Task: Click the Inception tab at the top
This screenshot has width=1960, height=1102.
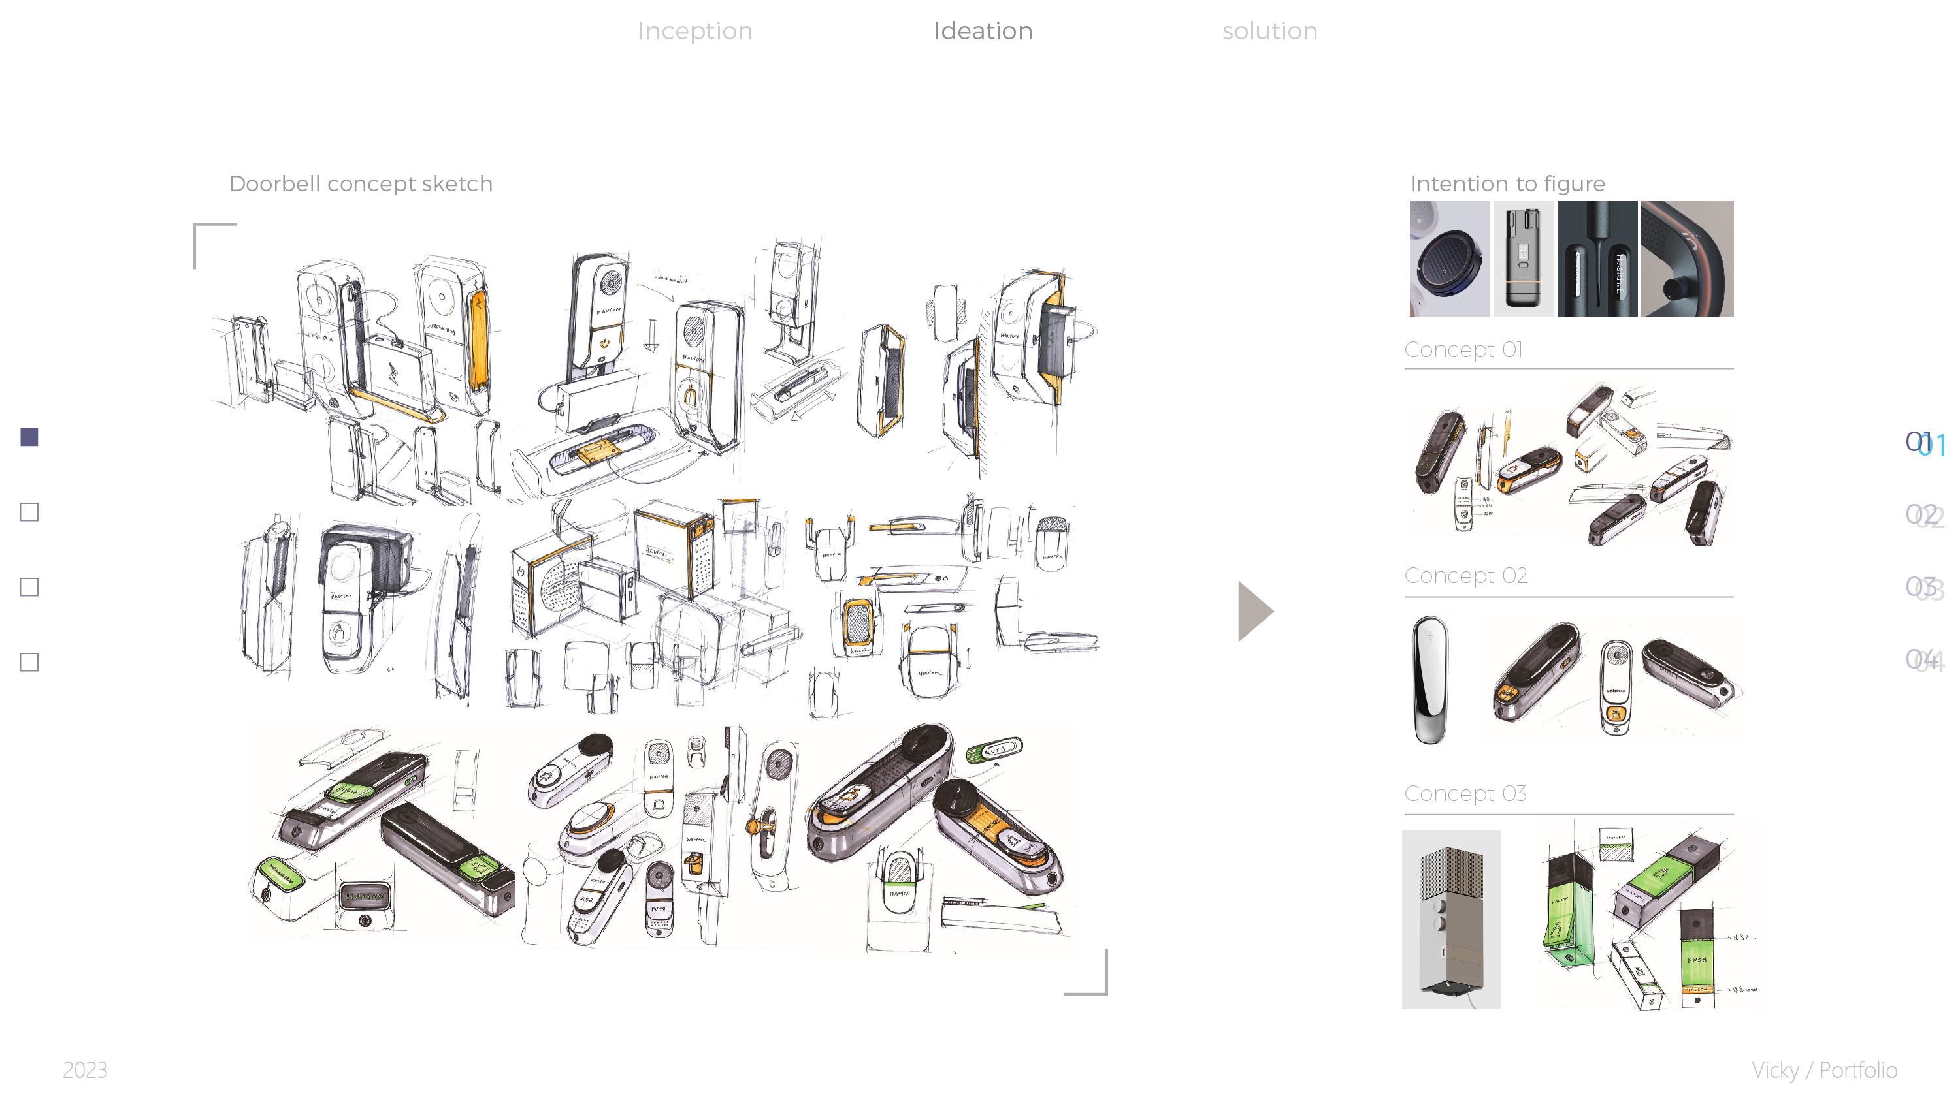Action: coord(694,31)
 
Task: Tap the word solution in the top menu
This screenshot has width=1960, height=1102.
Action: coord(1269,31)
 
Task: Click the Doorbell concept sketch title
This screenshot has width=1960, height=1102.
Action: coord(361,184)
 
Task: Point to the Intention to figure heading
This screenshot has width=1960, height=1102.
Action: coord(1507,184)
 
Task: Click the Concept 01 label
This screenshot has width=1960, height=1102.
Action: coord(1462,350)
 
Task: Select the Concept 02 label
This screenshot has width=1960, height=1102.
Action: coord(1465,576)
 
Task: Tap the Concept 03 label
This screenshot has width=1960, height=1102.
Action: coord(1465,793)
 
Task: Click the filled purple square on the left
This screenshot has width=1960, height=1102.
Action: coord(29,437)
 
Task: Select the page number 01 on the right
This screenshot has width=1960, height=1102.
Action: coord(1923,443)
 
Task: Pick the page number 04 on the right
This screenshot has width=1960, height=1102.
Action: coord(1923,659)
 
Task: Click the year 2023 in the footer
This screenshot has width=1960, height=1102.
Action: coord(84,1070)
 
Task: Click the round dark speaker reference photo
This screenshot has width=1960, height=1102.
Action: coord(1448,259)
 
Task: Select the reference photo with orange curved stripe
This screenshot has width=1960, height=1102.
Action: coord(1686,259)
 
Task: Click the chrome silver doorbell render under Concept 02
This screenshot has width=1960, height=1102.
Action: coord(1429,679)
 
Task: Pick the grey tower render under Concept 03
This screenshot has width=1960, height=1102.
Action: coord(1450,919)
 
